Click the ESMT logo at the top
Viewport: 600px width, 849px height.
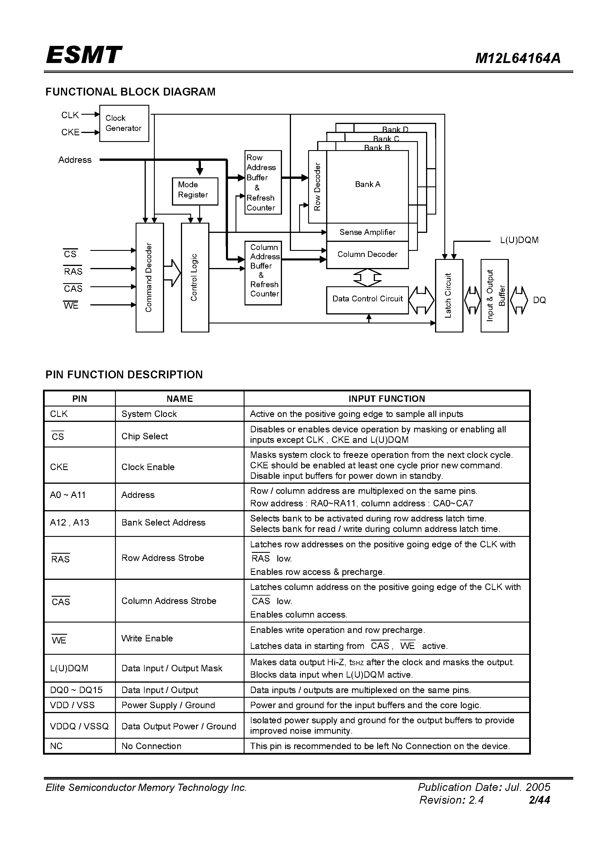click(84, 55)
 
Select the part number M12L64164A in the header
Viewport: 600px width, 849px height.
click(518, 58)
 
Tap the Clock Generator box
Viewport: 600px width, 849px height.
click(124, 123)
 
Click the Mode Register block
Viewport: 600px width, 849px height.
click(195, 191)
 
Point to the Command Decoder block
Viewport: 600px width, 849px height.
click(150, 277)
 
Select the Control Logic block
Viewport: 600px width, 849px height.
click(195, 277)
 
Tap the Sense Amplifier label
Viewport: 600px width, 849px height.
click(367, 232)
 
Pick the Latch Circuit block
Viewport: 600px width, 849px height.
click(449, 296)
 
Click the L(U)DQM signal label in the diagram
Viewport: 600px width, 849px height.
click(519, 240)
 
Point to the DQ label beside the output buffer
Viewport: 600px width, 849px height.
click(539, 300)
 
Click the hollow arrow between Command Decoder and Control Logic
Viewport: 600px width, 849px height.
click(172, 273)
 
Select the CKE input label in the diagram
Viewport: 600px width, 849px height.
click(70, 132)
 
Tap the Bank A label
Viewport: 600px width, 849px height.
click(367, 184)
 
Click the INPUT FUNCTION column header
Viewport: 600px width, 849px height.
click(387, 399)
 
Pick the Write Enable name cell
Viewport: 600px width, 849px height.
click(147, 638)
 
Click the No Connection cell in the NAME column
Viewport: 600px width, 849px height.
click(151, 746)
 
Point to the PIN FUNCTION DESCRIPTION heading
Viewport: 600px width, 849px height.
click(124, 375)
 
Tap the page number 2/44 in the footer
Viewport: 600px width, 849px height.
click(539, 800)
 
